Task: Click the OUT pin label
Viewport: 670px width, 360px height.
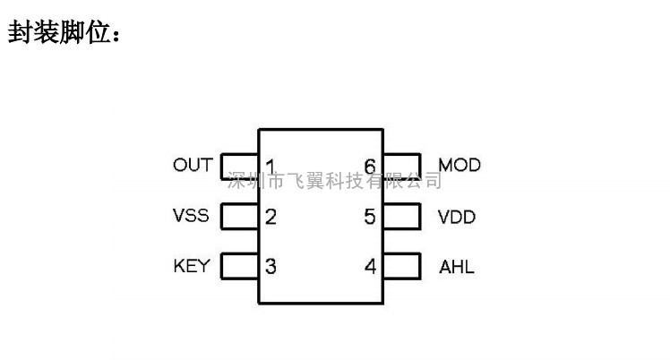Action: click(x=193, y=166)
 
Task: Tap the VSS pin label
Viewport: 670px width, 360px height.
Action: click(x=191, y=217)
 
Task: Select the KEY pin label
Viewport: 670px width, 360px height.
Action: click(x=191, y=267)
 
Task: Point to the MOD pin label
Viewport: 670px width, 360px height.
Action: click(x=460, y=166)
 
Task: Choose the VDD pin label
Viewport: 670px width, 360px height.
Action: click(x=457, y=217)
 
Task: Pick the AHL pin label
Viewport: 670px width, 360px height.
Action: click(x=456, y=267)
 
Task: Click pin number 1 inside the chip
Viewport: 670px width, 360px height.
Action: click(x=270, y=167)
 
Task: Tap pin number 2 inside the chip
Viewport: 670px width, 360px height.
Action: click(x=271, y=217)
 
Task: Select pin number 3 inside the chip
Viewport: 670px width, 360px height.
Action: click(x=271, y=267)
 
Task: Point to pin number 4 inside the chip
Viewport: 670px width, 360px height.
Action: click(x=370, y=267)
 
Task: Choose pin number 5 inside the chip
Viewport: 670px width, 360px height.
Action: click(x=370, y=217)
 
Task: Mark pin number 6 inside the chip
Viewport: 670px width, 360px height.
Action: click(x=370, y=167)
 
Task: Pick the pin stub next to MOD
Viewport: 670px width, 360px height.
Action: click(x=402, y=166)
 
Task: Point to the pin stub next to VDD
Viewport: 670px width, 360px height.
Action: click(x=402, y=217)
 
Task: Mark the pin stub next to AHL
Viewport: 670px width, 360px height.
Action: click(x=402, y=267)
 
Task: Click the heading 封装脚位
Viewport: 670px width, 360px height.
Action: click(x=64, y=33)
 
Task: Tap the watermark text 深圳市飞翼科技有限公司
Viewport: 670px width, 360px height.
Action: click(x=335, y=183)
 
